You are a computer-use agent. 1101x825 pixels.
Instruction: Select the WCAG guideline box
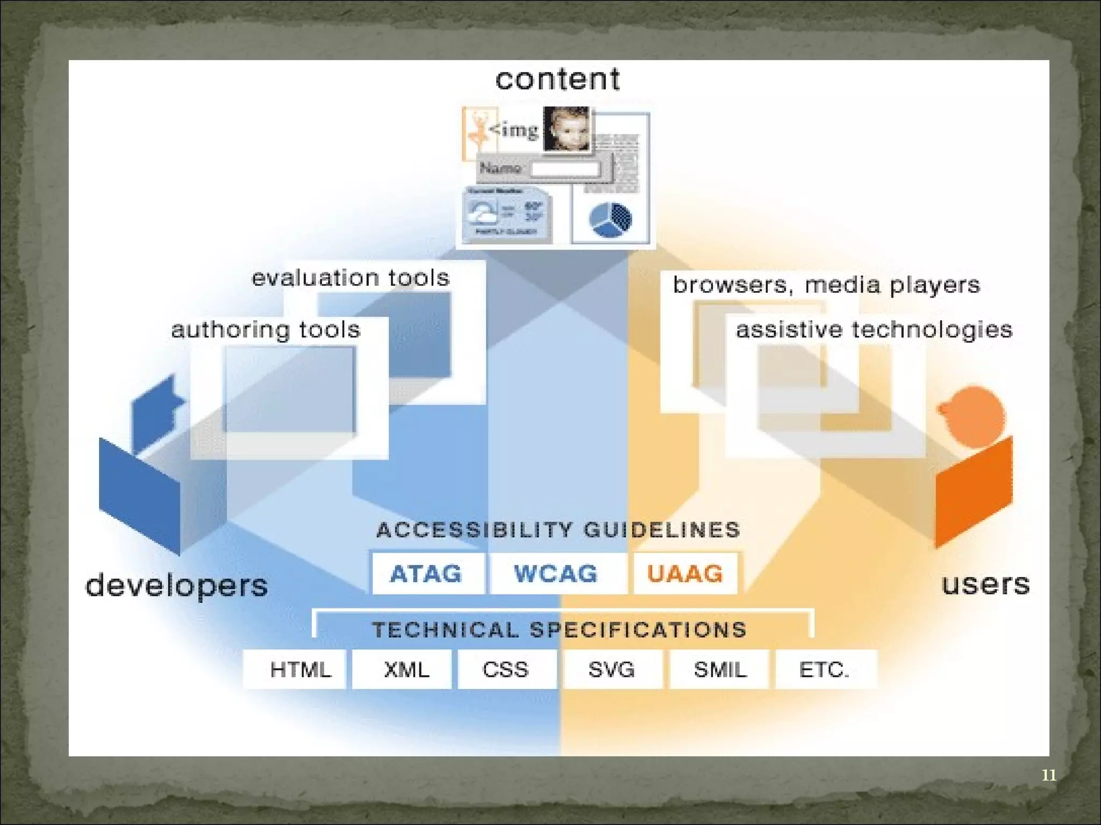[x=556, y=573]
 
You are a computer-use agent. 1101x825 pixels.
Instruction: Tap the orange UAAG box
[x=685, y=573]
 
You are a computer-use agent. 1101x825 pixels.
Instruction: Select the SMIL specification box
[x=719, y=669]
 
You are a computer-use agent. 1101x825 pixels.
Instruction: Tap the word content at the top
[x=557, y=79]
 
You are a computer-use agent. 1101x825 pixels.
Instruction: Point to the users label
[x=985, y=584]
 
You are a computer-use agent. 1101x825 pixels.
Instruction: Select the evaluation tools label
[x=351, y=278]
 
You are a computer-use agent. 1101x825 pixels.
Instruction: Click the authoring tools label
[x=266, y=330]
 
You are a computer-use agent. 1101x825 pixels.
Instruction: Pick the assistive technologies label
[x=874, y=330]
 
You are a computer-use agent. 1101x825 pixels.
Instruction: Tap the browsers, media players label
[x=826, y=285]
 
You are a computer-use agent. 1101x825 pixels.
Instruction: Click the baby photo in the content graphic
[x=567, y=129]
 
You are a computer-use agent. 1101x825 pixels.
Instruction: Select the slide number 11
[x=1049, y=775]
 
